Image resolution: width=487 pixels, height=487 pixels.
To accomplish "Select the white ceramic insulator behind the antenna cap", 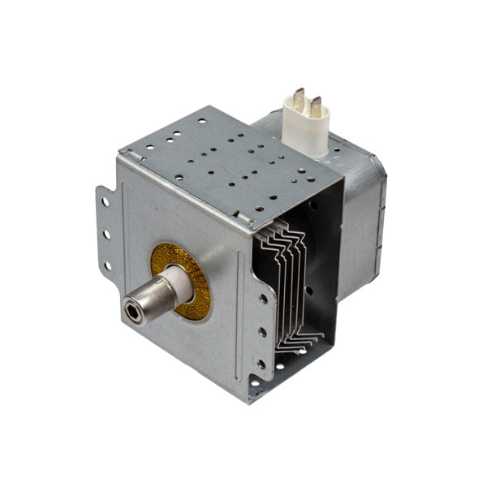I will click(175, 284).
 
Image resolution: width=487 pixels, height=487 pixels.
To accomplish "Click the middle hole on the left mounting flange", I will click(106, 234).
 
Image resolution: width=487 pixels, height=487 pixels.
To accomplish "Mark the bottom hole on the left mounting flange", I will click(108, 265).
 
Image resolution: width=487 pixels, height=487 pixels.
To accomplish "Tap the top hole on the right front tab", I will click(264, 299).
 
